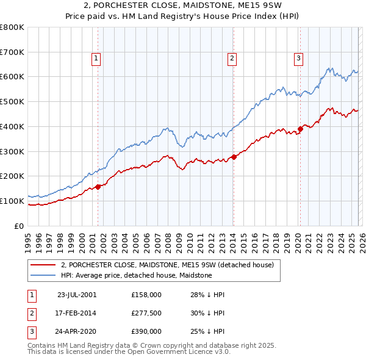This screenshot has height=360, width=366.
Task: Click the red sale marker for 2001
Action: point(98,187)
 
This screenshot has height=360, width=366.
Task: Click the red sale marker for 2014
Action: point(234,157)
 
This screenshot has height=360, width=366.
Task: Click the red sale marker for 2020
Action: point(300,129)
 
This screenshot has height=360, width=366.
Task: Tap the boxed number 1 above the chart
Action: point(96,59)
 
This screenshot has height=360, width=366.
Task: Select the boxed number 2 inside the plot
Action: point(232,59)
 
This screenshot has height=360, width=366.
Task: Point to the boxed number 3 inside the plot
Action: point(298,59)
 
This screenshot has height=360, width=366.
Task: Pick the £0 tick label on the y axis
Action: point(19,226)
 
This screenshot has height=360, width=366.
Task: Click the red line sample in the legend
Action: point(44,265)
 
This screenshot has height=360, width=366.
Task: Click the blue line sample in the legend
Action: point(44,276)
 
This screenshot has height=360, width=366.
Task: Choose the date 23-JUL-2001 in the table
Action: point(77,295)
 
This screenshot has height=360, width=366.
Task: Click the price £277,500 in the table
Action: point(146,313)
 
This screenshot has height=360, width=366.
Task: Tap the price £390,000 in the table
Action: point(146,332)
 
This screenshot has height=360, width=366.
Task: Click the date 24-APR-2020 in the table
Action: point(77,332)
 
